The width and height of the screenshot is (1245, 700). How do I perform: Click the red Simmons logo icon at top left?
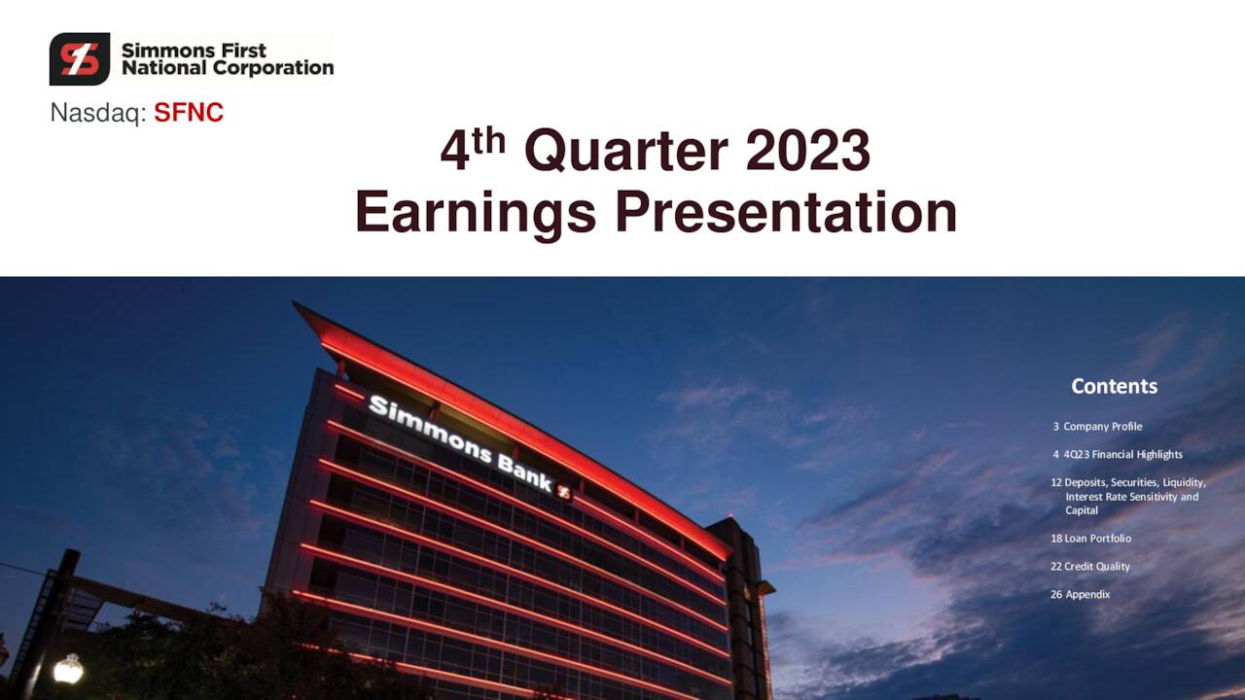tap(80, 59)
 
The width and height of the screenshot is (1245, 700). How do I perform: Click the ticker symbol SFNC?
tap(189, 114)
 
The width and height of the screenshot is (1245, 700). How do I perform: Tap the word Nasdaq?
tap(97, 114)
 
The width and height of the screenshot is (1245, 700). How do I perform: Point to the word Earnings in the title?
tap(475, 213)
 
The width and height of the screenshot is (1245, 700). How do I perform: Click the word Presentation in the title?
tap(786, 213)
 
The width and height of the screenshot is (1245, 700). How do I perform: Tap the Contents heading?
tap(1114, 386)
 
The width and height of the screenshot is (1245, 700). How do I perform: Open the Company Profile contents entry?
tap(1102, 427)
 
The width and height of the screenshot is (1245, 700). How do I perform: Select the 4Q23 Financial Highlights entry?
tap(1122, 455)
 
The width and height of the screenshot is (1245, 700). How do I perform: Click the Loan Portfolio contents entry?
tap(1097, 539)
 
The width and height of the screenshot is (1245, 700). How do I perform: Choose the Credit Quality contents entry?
tap(1096, 567)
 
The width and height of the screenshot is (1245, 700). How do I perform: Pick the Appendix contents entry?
tap(1086, 595)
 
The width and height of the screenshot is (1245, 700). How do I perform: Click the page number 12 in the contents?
tap(1056, 483)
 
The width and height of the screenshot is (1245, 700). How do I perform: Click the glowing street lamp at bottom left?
tap(67, 668)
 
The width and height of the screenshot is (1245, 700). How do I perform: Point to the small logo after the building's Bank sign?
tap(563, 492)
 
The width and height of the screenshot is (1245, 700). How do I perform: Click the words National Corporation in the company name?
tap(227, 68)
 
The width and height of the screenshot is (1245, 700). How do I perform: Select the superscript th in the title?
tap(489, 141)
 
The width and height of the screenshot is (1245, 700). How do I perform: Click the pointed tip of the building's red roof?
tap(297, 305)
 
